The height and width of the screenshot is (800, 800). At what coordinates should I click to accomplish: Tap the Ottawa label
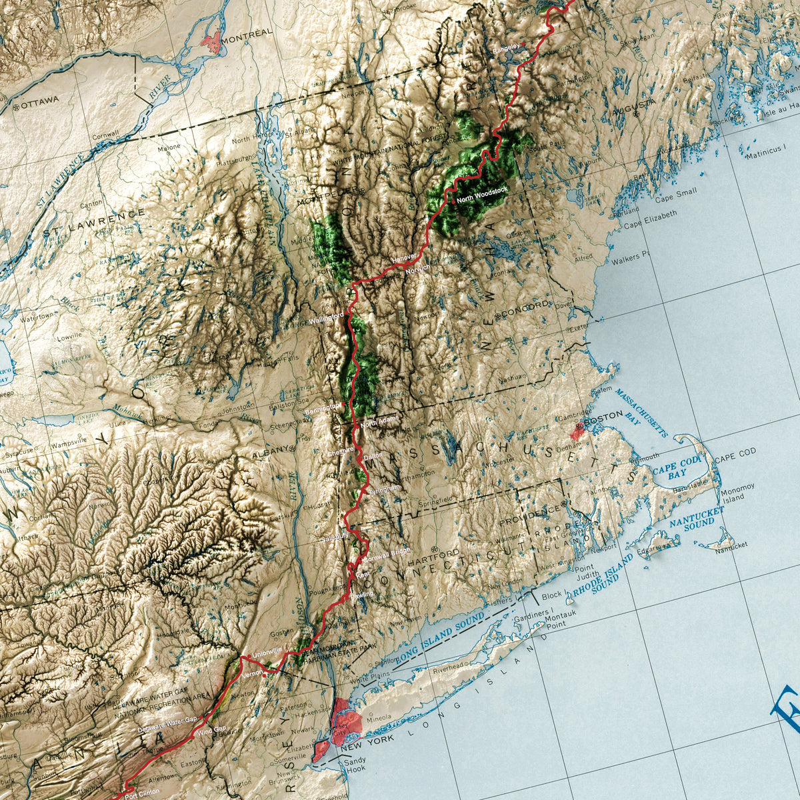point(39,101)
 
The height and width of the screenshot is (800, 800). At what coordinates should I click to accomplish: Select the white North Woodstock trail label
point(481,191)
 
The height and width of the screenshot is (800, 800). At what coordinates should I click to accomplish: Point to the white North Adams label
point(378,423)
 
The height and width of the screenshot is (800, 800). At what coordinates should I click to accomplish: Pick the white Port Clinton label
point(142,791)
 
